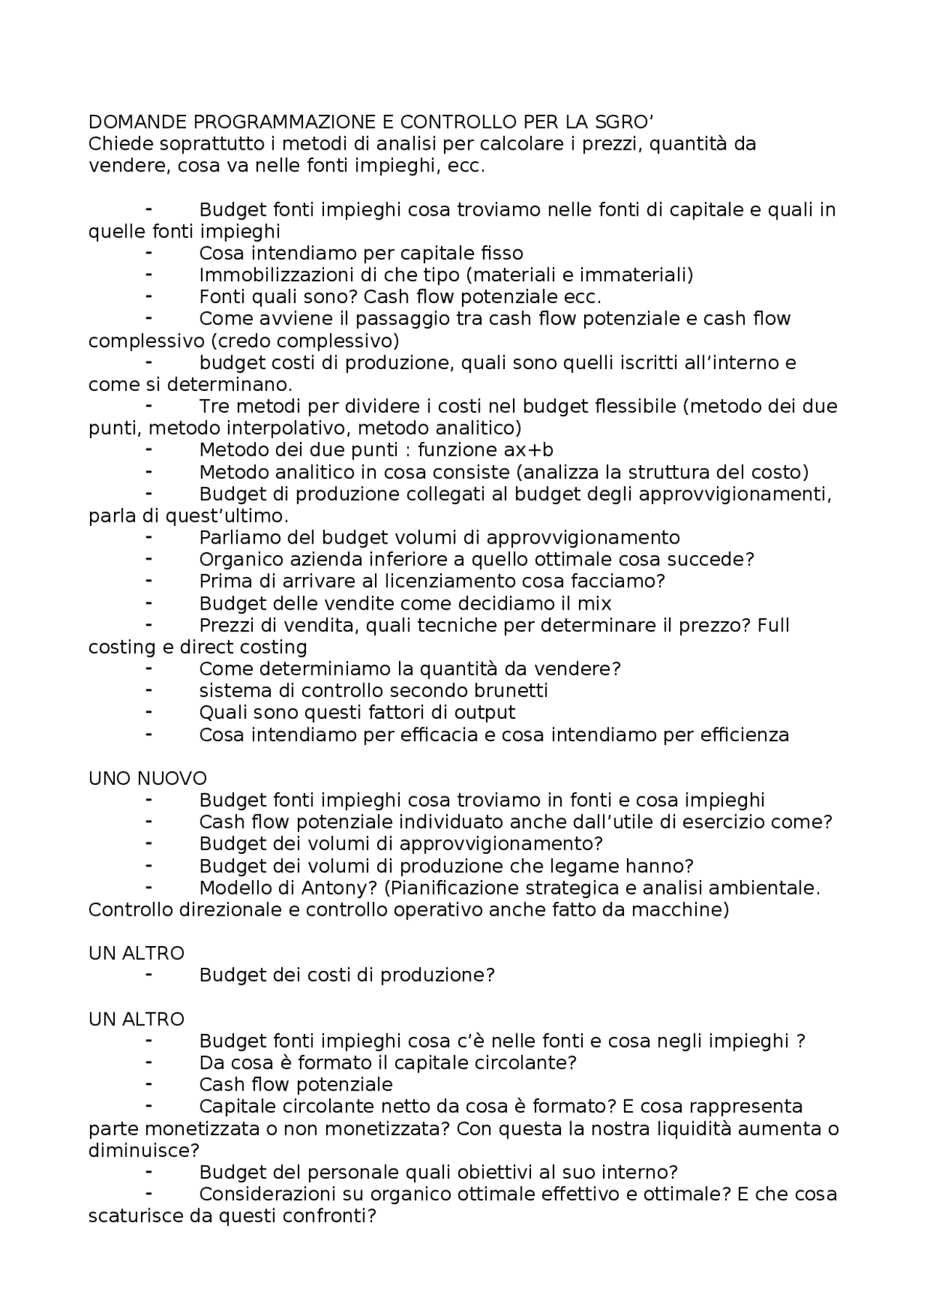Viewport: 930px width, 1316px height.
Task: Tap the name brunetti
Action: pyautogui.click(x=509, y=690)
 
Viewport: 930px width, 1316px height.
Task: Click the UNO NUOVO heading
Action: pyautogui.click(x=148, y=778)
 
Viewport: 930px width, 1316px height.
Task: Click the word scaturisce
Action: pyautogui.click(x=136, y=1216)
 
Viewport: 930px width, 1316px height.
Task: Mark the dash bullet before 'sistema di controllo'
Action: pyautogui.click(x=149, y=690)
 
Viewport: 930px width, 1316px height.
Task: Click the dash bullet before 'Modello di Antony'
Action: pyautogui.click(x=149, y=887)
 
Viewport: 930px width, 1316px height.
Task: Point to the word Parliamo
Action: pyautogui.click(x=240, y=538)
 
